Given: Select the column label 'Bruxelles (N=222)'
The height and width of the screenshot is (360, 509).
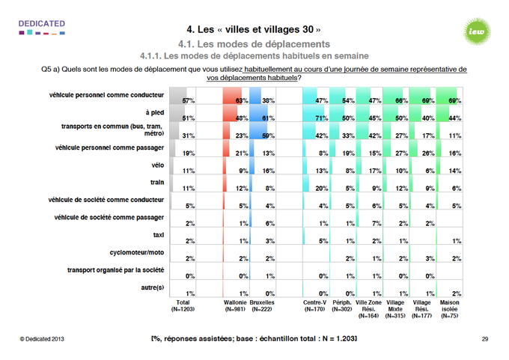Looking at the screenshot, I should tap(262, 306).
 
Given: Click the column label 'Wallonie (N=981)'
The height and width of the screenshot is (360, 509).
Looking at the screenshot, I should tap(236, 306).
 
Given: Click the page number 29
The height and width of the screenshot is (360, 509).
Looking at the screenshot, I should tap(484, 340).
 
